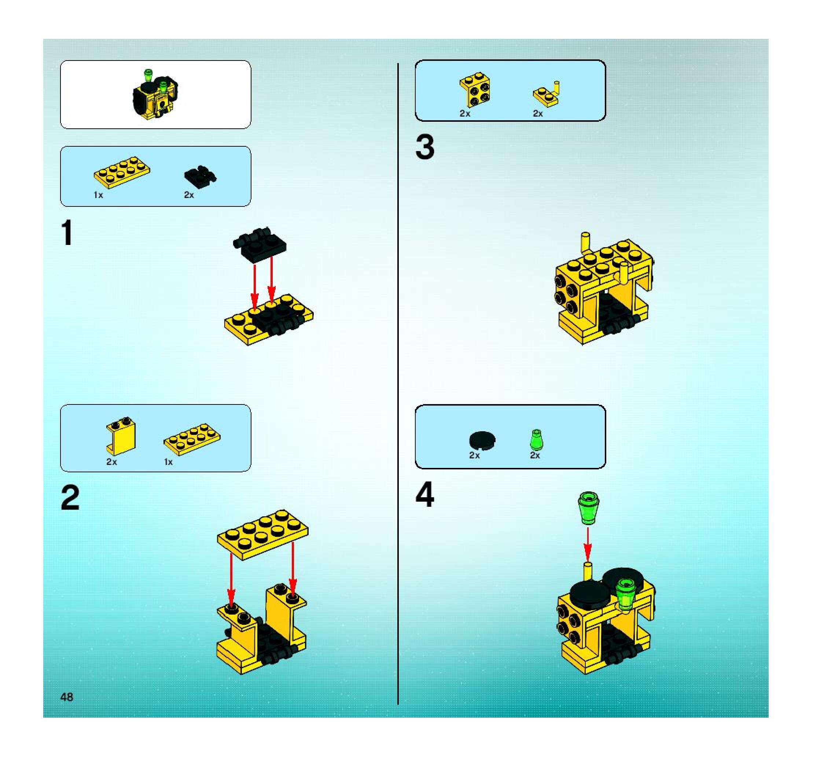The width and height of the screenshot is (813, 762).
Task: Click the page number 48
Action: click(x=67, y=697)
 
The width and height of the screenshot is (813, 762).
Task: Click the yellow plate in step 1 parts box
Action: click(x=121, y=172)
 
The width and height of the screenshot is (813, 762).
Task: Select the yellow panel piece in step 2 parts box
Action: click(x=121, y=436)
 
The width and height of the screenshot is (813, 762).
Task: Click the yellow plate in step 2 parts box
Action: click(x=192, y=439)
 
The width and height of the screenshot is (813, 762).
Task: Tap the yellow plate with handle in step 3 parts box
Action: click(x=547, y=95)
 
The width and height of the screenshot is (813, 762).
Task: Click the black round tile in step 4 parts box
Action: click(x=482, y=440)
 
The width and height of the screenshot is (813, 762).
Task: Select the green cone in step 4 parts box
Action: click(x=536, y=439)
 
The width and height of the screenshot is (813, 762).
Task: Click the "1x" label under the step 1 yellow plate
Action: click(x=98, y=195)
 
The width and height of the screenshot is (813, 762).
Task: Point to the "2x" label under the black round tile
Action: click(x=474, y=455)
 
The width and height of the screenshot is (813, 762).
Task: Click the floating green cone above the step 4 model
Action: click(x=588, y=508)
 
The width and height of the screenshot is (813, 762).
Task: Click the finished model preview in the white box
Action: click(x=155, y=95)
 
